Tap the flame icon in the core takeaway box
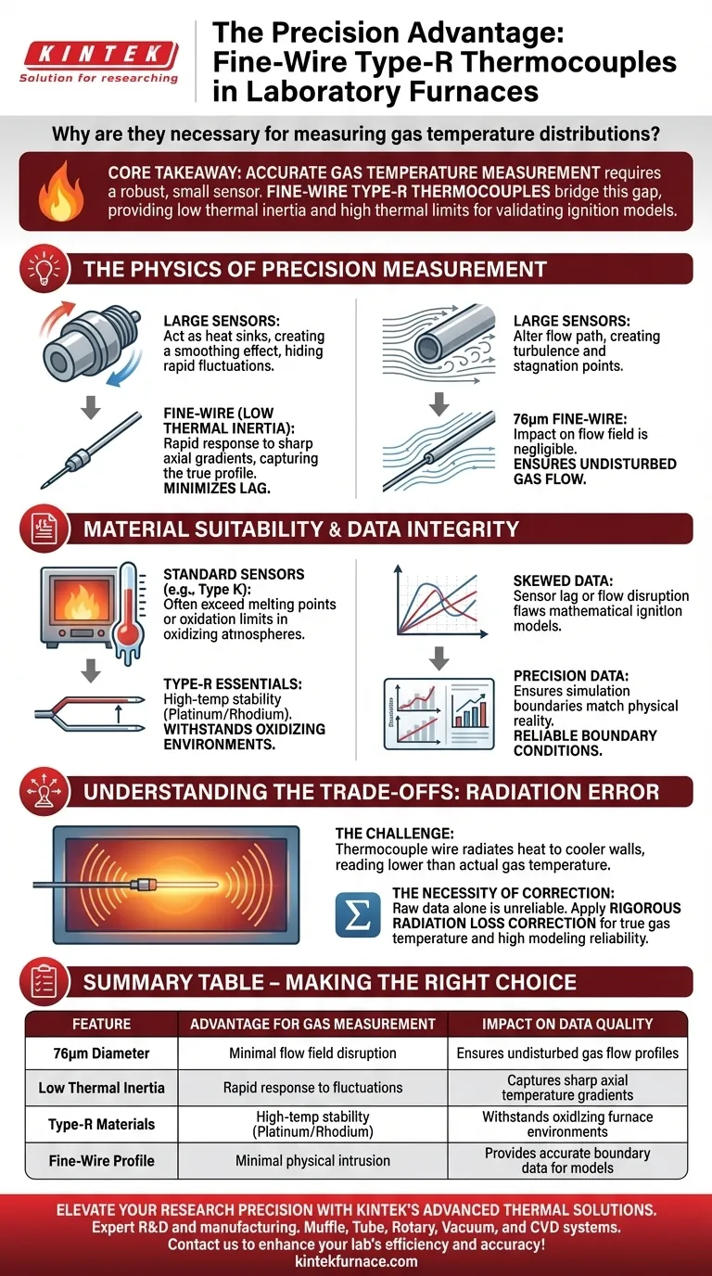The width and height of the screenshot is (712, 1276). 61,191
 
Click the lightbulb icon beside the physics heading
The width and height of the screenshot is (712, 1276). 44,268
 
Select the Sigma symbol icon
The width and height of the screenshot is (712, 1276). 358,915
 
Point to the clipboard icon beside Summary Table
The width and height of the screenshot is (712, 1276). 44,981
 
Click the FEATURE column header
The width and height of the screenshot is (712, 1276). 101,1024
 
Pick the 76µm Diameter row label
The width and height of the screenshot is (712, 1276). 101,1053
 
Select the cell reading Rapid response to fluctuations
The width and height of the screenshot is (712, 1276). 312,1088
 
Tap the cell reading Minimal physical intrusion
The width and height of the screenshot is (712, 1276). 312,1160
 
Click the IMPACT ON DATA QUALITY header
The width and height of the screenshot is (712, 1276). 567,1024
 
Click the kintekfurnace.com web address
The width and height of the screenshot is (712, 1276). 356,1261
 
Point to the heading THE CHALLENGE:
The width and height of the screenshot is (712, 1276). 394,834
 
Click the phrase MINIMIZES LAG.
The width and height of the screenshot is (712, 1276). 217,488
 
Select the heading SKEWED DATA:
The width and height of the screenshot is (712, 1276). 563,581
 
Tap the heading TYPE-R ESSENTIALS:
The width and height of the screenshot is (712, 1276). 233,683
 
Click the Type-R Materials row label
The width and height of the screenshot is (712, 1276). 101,1124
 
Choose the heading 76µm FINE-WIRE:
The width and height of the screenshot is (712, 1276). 569,419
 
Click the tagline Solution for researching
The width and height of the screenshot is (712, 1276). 98,78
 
